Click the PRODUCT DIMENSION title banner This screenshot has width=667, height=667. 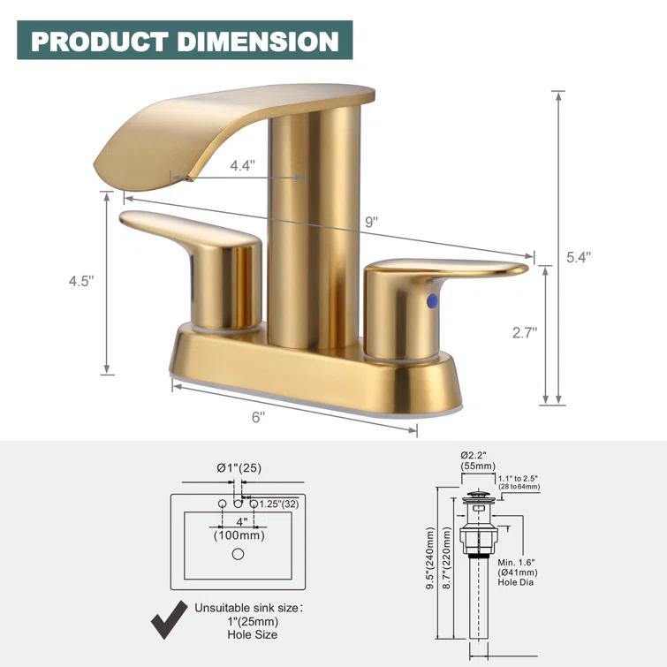click(185, 41)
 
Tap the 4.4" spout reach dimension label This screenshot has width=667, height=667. click(243, 164)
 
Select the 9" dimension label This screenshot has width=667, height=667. click(370, 222)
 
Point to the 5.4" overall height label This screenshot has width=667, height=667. click(578, 257)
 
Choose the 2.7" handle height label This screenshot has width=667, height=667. click(524, 332)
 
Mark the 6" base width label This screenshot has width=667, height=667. click(258, 418)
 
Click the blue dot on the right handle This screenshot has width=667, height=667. click(431, 301)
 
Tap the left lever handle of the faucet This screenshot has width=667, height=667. click(190, 231)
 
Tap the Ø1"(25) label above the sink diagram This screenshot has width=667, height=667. click(239, 467)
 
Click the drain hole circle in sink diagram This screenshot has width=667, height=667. click(237, 555)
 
